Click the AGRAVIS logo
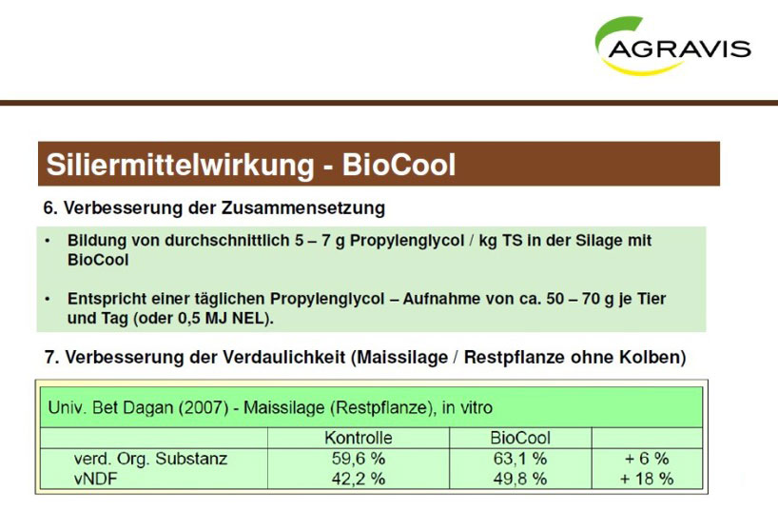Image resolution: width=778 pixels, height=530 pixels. pos(672,46)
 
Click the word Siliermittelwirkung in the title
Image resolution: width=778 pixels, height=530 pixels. pos(180,165)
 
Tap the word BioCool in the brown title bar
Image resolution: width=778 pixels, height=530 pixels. pos(399,165)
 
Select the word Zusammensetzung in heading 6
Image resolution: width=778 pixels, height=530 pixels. pos(303,207)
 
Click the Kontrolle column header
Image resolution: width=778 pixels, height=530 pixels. pos(359,438)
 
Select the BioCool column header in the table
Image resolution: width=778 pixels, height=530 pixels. pos(520,438)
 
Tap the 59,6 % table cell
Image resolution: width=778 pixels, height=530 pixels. pos(359,458)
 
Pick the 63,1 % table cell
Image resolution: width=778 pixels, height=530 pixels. pos(520,458)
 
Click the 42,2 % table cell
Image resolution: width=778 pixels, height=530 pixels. pos(359,479)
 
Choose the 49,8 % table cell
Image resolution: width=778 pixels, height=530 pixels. pos(520,479)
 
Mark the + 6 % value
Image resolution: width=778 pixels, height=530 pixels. pos(647,458)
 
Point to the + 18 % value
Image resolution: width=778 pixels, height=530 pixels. pos(647,479)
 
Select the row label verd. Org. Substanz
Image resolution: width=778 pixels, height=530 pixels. pos(151,459)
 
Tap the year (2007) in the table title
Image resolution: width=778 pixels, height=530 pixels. pos(203,407)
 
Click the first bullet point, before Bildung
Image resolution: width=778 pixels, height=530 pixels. pos(48,241)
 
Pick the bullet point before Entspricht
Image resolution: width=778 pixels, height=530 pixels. pos(48,299)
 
